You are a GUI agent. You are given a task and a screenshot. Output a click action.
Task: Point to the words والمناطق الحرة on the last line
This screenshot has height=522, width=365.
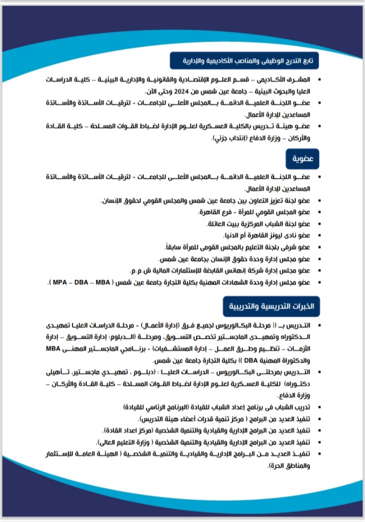click(287, 465)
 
